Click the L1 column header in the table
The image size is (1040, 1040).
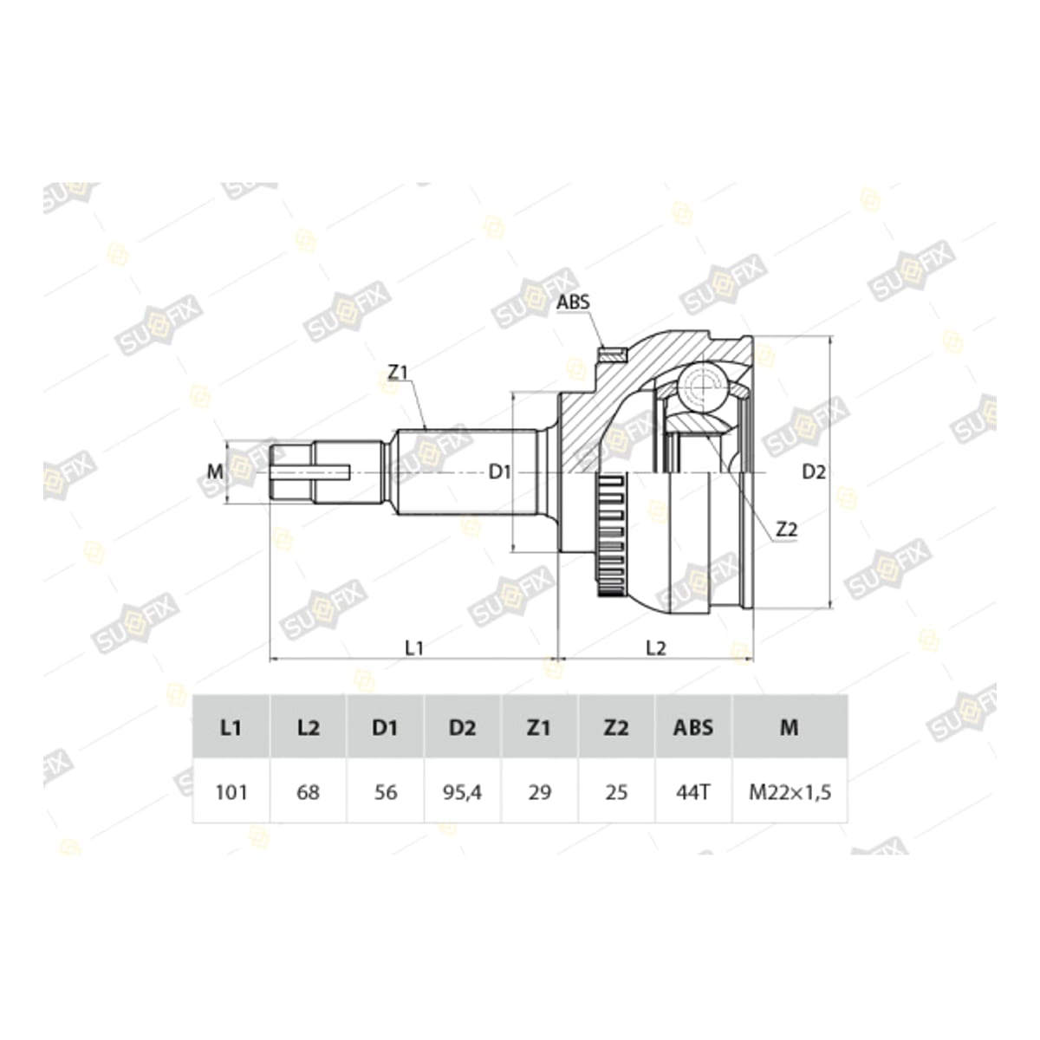pyautogui.click(x=231, y=728)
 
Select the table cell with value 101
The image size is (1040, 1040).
pyautogui.click(x=231, y=792)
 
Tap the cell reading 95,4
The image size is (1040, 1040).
pyautogui.click(x=462, y=792)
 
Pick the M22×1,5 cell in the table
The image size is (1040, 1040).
pyautogui.click(x=790, y=792)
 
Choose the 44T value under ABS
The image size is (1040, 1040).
pyautogui.click(x=693, y=792)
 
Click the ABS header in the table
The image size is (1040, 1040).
pyautogui.click(x=693, y=728)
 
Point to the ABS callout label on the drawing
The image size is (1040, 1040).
pyautogui.click(x=573, y=302)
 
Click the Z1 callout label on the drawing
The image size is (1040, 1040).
pyautogui.click(x=397, y=372)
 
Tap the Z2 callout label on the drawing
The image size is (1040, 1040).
pyautogui.click(x=786, y=530)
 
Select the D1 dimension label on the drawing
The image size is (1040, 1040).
pyautogui.click(x=499, y=472)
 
